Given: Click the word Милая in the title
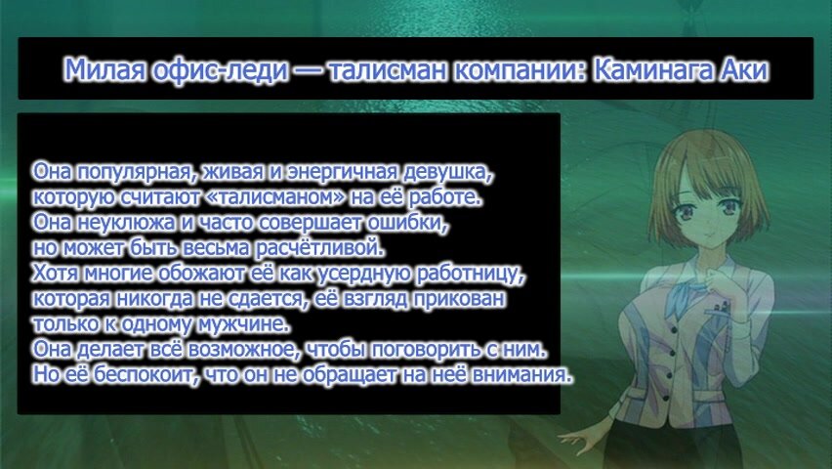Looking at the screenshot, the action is [105, 69].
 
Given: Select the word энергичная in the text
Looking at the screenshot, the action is [341, 172].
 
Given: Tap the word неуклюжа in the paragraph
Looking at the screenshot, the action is [125, 223].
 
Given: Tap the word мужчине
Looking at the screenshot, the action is [243, 324].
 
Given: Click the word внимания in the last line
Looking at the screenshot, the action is [521, 375].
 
